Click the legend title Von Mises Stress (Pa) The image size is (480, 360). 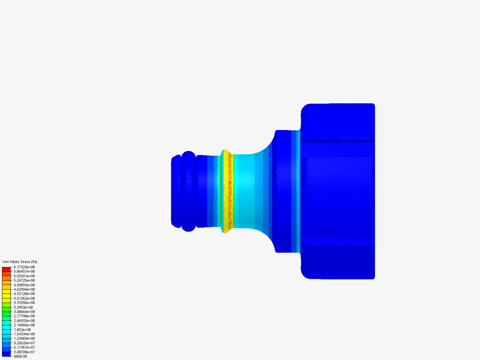tap(20, 262)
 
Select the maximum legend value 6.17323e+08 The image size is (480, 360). tap(24, 267)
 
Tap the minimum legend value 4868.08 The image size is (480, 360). tap(20, 356)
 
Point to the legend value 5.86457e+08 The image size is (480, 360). tap(24, 271)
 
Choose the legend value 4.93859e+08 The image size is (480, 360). tap(24, 285)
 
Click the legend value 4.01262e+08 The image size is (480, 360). tap(24, 298)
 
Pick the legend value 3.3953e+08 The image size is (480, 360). tap(23, 307)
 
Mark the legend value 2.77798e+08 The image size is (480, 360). tap(24, 316)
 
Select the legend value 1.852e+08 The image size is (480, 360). tap(22, 330)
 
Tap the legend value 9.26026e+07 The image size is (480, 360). tap(24, 343)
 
